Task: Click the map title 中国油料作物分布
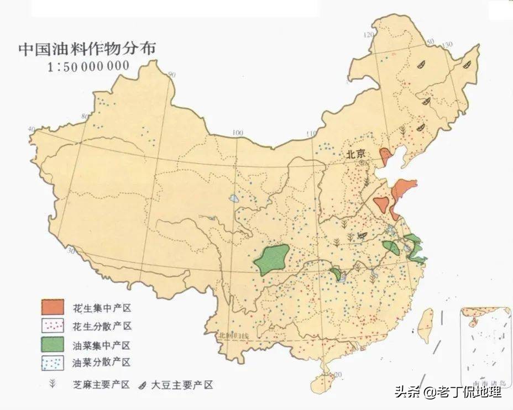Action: point(87,48)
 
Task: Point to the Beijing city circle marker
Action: point(361,163)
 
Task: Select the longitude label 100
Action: point(238,133)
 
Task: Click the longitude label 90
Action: point(171,75)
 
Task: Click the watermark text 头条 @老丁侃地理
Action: point(448,392)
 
